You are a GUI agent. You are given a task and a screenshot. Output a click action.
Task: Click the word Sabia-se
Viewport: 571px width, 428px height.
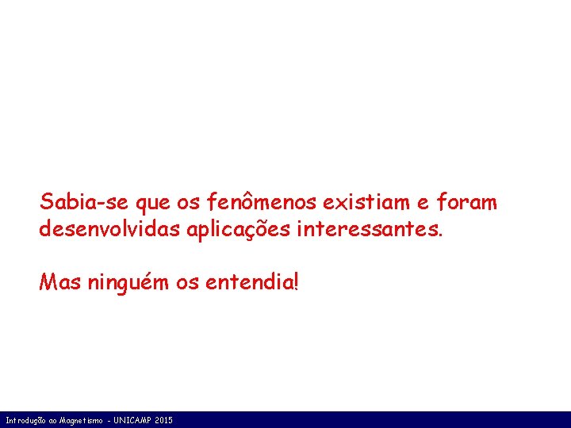click(85, 203)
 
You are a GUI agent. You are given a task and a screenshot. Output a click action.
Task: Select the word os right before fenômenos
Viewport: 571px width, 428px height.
click(188, 204)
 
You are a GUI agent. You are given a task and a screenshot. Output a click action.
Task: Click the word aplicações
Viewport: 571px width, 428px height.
click(242, 230)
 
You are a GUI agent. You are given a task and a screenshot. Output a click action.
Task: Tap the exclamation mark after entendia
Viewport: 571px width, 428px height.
click(296, 281)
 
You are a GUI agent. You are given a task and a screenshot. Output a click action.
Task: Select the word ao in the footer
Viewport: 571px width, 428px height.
click(56, 420)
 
